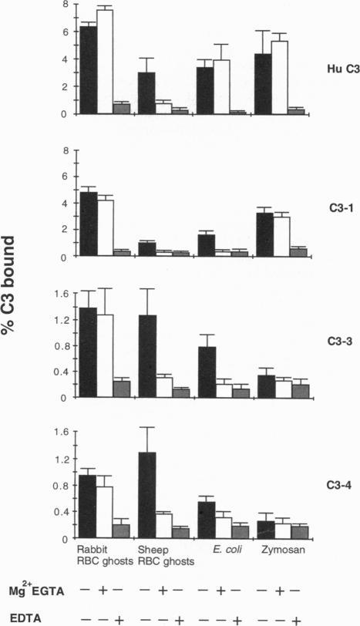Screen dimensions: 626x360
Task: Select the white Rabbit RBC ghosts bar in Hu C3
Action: [104, 62]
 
